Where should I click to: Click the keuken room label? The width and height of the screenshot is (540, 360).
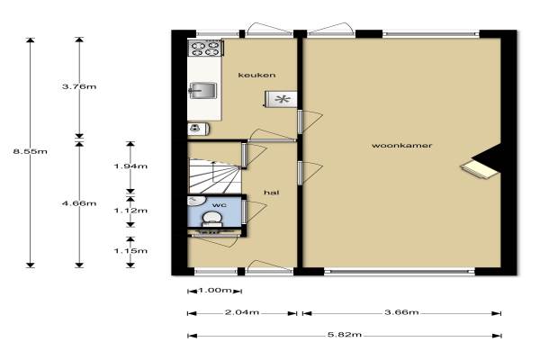pyautogui.click(x=256, y=75)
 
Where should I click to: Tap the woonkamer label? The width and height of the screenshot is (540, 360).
pyautogui.click(x=401, y=146)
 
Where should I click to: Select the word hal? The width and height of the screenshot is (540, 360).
pyautogui.click(x=272, y=193)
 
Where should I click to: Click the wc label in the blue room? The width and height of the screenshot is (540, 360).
pyautogui.click(x=220, y=205)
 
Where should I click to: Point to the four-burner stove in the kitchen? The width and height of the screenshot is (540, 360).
pyautogui.click(x=206, y=49)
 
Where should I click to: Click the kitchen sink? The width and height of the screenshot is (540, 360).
pyautogui.click(x=202, y=91)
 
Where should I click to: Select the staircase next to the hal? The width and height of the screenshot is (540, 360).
pyautogui.click(x=214, y=175)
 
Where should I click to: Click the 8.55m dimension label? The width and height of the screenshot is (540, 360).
pyautogui.click(x=31, y=151)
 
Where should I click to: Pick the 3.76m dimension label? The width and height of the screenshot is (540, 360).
pyautogui.click(x=79, y=86)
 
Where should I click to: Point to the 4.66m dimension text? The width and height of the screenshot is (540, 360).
pyautogui.click(x=79, y=203)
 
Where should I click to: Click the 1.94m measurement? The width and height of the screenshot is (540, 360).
pyautogui.click(x=130, y=166)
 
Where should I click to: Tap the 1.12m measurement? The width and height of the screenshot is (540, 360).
pyautogui.click(x=130, y=211)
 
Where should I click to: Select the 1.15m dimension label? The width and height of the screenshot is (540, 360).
pyautogui.click(x=130, y=251)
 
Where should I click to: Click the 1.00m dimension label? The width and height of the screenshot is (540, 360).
pyautogui.click(x=215, y=291)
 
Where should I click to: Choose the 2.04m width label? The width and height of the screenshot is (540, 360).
pyautogui.click(x=242, y=312)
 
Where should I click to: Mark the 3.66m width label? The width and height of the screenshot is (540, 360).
pyautogui.click(x=401, y=312)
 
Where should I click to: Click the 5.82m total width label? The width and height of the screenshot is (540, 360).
pyautogui.click(x=345, y=335)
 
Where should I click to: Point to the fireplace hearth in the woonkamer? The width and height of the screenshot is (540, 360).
pyautogui.click(x=480, y=169)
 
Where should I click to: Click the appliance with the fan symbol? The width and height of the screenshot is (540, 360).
pyautogui.click(x=281, y=100)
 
